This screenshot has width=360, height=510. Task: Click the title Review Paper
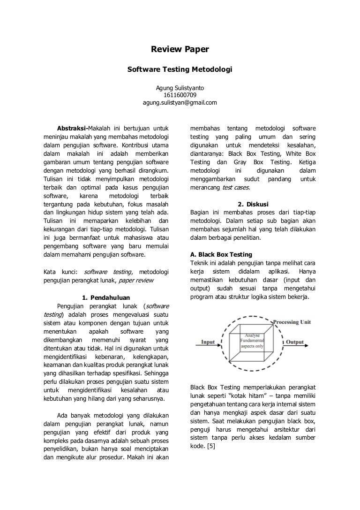(180, 49)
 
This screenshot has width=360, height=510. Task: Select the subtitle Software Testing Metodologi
(180, 69)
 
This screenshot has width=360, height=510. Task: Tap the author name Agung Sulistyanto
(180, 88)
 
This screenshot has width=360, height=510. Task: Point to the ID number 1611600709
(180, 95)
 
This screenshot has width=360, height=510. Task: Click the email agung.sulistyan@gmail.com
(180, 102)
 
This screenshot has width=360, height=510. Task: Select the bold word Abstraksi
(71, 128)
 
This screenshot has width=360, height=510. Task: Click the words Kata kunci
(60, 272)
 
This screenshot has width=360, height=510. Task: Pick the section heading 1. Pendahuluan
(105, 297)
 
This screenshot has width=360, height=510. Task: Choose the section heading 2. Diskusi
(253, 204)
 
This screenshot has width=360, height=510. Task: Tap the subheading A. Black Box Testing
(221, 255)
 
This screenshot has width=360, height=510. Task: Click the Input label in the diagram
(208, 342)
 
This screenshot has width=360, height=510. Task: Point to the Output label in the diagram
(295, 342)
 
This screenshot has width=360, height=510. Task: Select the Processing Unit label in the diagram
(292, 322)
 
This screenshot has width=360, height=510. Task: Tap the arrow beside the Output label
(295, 348)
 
